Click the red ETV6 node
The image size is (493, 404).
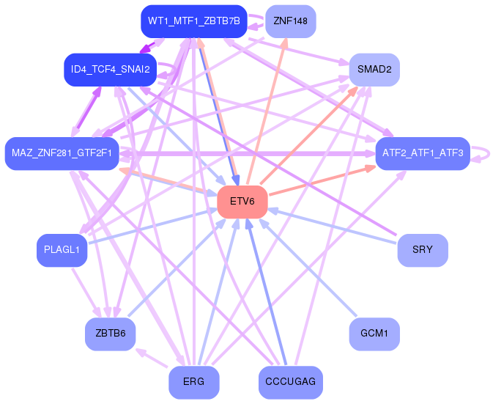point(242,202)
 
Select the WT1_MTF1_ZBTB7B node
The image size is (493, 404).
point(194,21)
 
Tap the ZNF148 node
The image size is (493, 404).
point(291,21)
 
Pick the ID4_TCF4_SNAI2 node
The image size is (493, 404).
point(111,70)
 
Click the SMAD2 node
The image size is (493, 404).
point(374,70)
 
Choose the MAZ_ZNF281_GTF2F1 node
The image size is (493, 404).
point(62,153)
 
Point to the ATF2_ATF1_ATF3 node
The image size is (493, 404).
point(423,153)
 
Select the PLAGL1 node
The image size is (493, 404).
point(62,250)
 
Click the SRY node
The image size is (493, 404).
point(423,250)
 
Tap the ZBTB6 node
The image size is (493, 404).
point(111,334)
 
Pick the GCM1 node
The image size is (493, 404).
point(374,334)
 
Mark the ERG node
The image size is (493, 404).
point(194,382)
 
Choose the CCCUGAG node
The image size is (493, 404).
point(291,382)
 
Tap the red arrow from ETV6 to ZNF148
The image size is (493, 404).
point(267,111)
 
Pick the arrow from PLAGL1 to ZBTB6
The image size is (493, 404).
point(86,293)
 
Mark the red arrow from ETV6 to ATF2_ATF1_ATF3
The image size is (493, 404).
point(322,180)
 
